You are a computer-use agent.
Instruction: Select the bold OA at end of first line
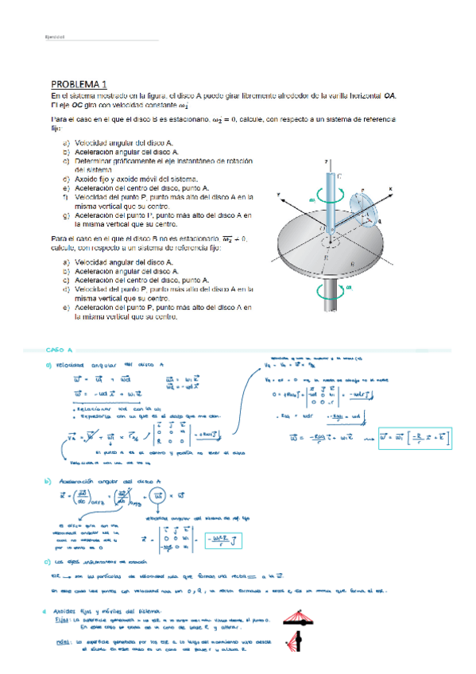389,96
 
